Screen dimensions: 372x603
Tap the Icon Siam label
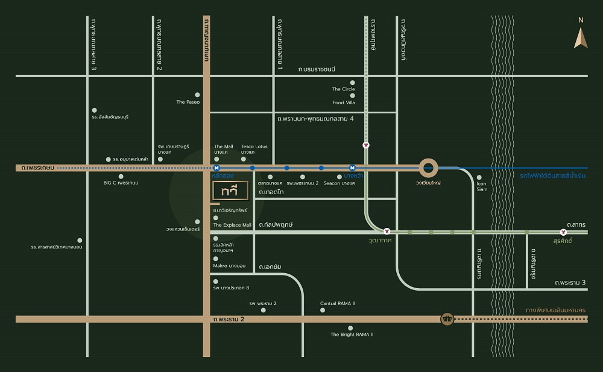tap(481, 186)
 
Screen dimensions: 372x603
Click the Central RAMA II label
tap(337, 303)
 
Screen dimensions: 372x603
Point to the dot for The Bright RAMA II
tap(350, 327)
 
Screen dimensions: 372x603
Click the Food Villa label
tap(344, 102)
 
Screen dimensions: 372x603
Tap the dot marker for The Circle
tap(353, 83)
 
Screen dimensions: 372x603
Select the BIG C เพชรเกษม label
tap(121, 182)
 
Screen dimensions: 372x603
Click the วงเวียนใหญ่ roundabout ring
tap(429, 168)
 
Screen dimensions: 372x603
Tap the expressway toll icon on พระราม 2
tap(447, 319)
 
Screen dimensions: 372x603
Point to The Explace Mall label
tap(232, 225)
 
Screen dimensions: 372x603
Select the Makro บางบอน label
tap(229, 265)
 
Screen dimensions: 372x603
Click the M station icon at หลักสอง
tap(216, 168)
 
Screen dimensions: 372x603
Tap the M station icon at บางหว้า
tap(352, 168)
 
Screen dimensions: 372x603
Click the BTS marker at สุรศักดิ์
tap(563, 232)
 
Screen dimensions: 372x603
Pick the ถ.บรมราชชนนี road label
tap(317, 69)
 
